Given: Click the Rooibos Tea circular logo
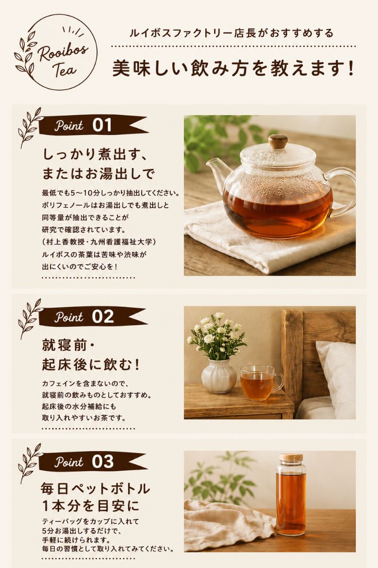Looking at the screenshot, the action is click(x=56, y=52).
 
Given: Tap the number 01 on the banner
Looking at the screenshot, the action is click(x=102, y=125).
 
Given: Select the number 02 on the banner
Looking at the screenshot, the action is click(x=103, y=317).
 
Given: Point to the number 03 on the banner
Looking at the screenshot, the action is click(x=103, y=462).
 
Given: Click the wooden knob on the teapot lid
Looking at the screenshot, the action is click(x=278, y=141).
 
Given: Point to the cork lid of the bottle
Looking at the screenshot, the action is click(x=291, y=457).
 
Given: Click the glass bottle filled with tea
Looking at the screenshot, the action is click(x=291, y=495).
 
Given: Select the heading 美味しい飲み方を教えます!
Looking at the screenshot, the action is click(x=233, y=68).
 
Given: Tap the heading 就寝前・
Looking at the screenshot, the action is click(x=69, y=345).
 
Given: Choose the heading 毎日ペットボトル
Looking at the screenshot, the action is click(x=95, y=488).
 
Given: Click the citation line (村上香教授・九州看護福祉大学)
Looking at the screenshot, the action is click(x=99, y=241).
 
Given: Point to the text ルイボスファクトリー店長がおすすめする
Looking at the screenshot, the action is click(x=231, y=33).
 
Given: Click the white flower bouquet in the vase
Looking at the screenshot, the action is click(x=217, y=335).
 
